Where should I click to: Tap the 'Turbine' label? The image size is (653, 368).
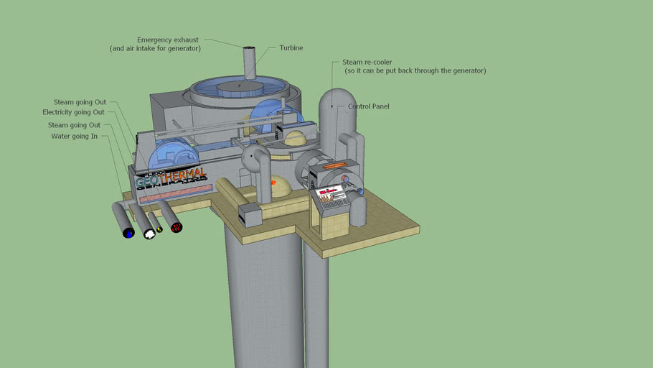291,48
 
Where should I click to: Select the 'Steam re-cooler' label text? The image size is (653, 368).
367,63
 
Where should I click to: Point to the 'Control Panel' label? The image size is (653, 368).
368,106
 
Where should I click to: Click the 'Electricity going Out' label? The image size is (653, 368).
73,112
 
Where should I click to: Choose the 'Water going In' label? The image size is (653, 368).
74,136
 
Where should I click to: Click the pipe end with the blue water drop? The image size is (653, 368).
128,233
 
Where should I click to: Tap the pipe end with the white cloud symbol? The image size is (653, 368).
149,234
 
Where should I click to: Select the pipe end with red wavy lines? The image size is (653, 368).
177,227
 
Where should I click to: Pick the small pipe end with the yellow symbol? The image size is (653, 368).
159,229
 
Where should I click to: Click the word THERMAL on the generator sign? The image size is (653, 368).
184,174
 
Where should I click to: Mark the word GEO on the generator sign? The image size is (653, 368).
147,182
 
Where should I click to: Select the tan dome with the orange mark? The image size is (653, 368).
276,188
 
